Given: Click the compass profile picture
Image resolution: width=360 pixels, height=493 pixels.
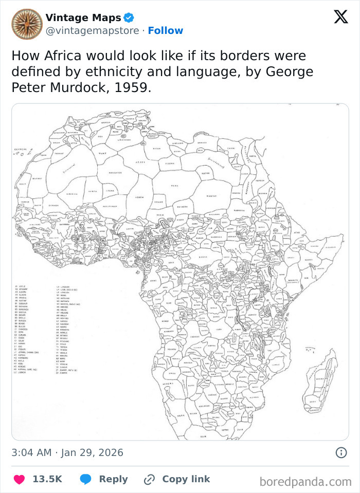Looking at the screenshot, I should coord(27,24).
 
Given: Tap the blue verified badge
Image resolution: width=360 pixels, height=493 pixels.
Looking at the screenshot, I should coord(129,18).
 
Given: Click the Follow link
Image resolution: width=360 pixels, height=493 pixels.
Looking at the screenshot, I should coord(165,31).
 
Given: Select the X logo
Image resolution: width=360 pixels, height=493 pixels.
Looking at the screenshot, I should coord(340,17).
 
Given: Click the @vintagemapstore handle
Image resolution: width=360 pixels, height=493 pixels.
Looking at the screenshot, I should coord(92,31).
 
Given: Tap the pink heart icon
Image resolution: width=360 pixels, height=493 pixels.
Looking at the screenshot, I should coord(19,479).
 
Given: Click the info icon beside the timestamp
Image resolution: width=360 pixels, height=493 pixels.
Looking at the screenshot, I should coord(340,452).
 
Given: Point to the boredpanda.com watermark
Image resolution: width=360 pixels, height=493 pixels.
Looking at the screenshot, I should coord(305,482).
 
